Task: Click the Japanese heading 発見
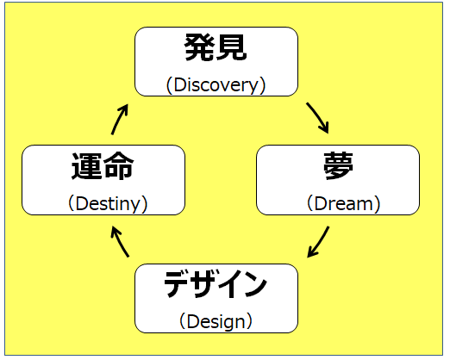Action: click(x=216, y=47)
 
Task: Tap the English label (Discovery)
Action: click(x=216, y=85)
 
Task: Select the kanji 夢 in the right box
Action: click(x=338, y=166)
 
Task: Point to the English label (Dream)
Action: click(x=344, y=203)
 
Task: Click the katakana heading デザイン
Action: click(x=216, y=284)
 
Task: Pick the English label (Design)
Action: click(x=216, y=322)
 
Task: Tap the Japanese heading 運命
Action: click(x=103, y=166)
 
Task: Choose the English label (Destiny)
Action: click(x=108, y=203)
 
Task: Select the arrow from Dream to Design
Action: click(x=319, y=243)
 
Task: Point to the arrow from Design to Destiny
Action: click(x=119, y=241)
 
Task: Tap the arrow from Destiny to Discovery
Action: click(x=120, y=119)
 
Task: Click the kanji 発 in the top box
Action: click(x=199, y=47)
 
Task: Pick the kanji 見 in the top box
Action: click(x=232, y=47)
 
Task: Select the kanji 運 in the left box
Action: click(x=87, y=166)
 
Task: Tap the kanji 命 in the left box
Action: click(x=119, y=166)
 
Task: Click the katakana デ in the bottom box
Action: click(x=177, y=284)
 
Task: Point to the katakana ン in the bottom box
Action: click(x=254, y=284)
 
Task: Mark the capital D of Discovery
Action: click(x=179, y=84)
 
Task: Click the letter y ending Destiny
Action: click(x=135, y=206)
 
